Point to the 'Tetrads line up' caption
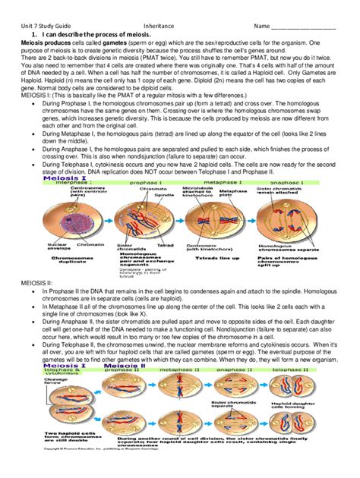point(211,258)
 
